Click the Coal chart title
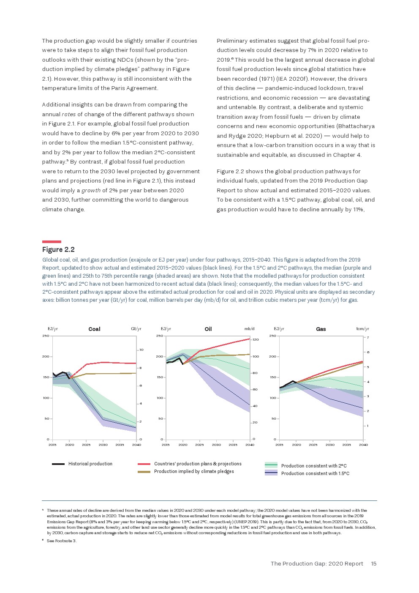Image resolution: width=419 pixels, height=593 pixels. click(x=94, y=329)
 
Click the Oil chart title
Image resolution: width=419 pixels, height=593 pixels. click(x=208, y=329)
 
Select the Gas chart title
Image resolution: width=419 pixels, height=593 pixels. click(x=321, y=329)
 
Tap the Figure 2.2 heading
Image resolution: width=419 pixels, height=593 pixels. click(x=58, y=249)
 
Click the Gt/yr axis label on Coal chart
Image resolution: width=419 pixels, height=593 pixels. click(x=136, y=329)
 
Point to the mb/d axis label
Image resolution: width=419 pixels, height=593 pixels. click(x=249, y=329)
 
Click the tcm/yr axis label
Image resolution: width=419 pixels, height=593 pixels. click(x=362, y=329)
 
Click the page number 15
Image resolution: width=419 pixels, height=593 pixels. click(x=373, y=563)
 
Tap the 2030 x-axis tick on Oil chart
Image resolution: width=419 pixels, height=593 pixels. click(x=216, y=445)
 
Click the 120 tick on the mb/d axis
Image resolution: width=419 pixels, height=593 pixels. click(x=256, y=339)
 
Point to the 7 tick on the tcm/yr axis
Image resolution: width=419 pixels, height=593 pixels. click(x=368, y=337)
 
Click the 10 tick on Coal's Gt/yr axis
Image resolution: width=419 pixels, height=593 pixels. click(x=141, y=350)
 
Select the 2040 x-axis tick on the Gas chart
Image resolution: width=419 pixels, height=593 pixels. click(x=363, y=445)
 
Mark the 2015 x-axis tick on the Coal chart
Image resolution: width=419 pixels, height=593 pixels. click(x=52, y=445)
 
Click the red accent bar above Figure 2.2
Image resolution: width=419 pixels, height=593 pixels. click(x=52, y=242)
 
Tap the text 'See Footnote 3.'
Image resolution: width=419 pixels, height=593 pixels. click(x=62, y=541)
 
